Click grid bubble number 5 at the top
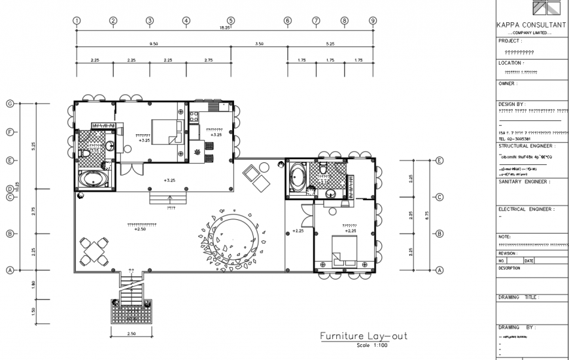pyautogui.click(x=231, y=20)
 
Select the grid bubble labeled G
pyautogui.click(x=10, y=103)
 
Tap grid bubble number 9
pyautogui.click(x=373, y=20)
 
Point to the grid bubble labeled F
pyautogui.click(x=10, y=132)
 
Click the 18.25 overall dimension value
pyautogui.click(x=224, y=28)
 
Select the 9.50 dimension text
pyautogui.click(x=154, y=43)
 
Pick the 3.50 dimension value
pyautogui.click(x=259, y=43)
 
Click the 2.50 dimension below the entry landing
pyautogui.click(x=132, y=334)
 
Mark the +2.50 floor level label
pyautogui.click(x=139, y=230)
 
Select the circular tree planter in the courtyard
pyautogui.click(x=233, y=236)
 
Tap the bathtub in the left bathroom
pyautogui.click(x=92, y=179)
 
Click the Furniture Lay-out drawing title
pyautogui.click(x=363, y=336)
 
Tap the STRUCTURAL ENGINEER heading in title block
pyautogui.click(x=526, y=146)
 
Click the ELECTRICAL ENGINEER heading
pyautogui.click(x=526, y=209)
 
